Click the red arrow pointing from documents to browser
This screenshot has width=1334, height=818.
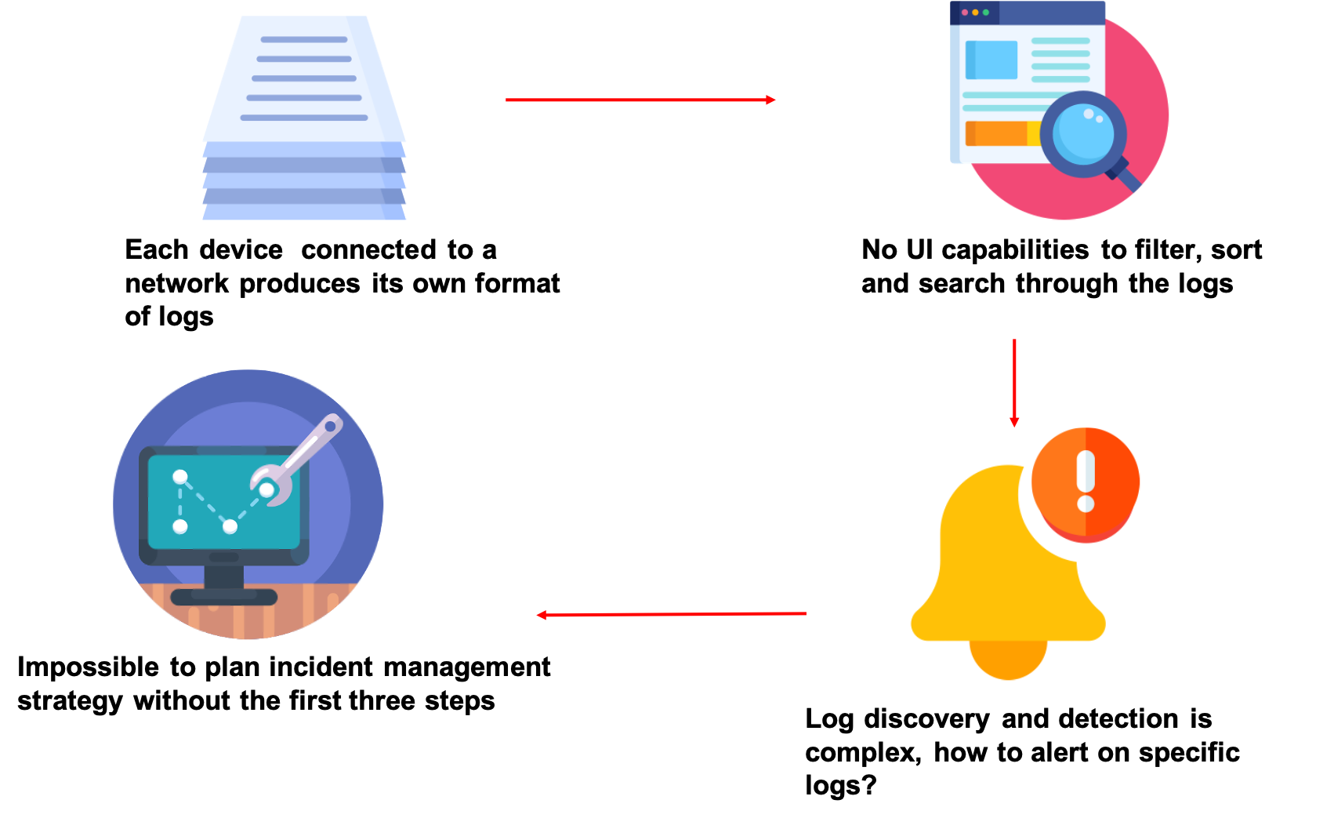tap(640, 100)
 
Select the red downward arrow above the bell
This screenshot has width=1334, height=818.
tap(1014, 383)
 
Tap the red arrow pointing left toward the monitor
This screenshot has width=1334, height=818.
tap(671, 614)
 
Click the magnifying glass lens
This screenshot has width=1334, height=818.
tap(1083, 134)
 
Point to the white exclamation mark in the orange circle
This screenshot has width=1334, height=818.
tap(1086, 481)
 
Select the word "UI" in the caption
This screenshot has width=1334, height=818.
tap(919, 249)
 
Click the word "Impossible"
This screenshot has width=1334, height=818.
tap(88, 667)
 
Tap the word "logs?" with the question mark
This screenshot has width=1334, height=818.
tap(841, 785)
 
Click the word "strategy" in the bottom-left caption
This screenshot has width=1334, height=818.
tap(70, 701)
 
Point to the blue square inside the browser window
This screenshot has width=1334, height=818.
tap(991, 60)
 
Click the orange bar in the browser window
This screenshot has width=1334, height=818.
tap(1002, 133)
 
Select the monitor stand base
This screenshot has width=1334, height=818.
tap(224, 597)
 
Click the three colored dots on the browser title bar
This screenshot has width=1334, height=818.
tap(975, 13)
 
